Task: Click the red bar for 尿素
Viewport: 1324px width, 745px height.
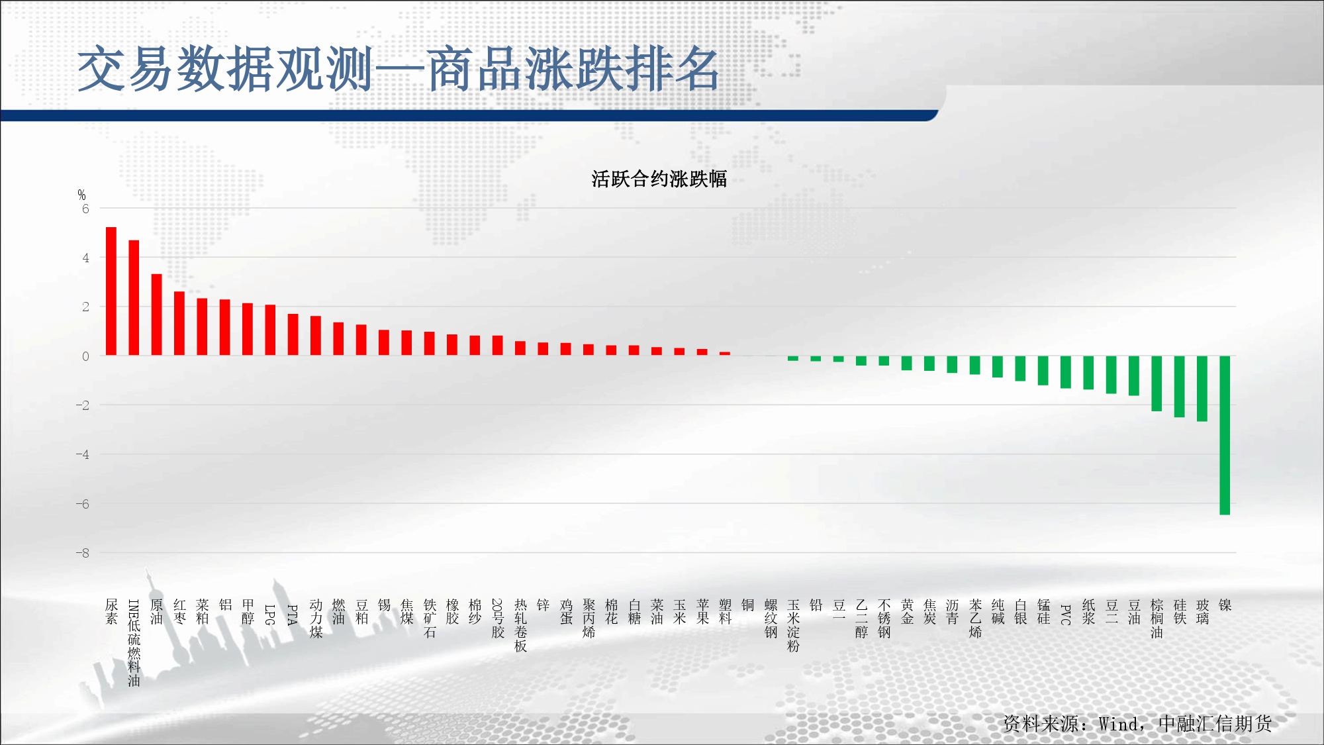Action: [x=111, y=291]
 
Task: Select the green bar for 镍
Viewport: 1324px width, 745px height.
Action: [x=1225, y=435]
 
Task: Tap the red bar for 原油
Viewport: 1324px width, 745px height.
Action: [x=156, y=315]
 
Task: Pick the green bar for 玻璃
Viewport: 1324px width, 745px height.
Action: [x=1202, y=389]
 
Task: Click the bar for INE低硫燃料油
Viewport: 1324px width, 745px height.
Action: [x=134, y=298]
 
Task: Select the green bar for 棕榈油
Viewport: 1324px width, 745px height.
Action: [x=1157, y=383]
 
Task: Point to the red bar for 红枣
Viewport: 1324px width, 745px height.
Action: [x=179, y=323]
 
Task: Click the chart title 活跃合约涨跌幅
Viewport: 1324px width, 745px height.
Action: [x=659, y=179]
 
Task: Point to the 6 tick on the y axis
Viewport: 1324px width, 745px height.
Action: [x=85, y=209]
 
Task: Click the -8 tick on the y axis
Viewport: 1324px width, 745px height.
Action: [x=82, y=553]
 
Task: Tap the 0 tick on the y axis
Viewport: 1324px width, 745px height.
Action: [x=85, y=356]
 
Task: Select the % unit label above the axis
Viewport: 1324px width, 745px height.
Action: [x=81, y=195]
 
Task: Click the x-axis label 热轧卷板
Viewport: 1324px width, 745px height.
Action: [x=520, y=625]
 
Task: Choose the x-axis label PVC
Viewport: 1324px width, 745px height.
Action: [x=1066, y=615]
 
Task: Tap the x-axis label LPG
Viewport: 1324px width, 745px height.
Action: [x=270, y=615]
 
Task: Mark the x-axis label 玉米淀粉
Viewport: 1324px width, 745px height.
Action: [x=793, y=625]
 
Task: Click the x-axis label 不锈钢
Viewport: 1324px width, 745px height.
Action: [x=884, y=619]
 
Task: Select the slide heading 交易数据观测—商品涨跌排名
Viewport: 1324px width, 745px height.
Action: [x=399, y=69]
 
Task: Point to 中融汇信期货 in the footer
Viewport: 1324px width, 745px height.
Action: [x=1215, y=724]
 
